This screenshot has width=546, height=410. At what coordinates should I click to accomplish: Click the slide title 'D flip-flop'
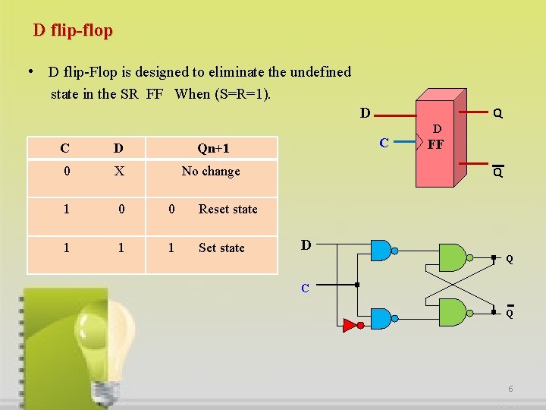[x=73, y=31]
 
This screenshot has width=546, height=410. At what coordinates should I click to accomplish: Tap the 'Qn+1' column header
[x=213, y=149]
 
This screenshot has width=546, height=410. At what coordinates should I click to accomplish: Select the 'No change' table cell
[x=211, y=172]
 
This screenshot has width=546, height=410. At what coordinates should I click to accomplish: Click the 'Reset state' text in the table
[x=228, y=210]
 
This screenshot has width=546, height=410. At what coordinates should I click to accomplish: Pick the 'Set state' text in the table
[x=221, y=248]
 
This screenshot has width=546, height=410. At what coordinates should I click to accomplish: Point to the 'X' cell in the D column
[x=119, y=172]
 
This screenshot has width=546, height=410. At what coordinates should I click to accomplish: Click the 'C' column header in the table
[x=66, y=149]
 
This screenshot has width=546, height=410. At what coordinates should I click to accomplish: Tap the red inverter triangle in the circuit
[x=350, y=326]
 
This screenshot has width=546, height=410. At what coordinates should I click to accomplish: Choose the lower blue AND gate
[x=380, y=320]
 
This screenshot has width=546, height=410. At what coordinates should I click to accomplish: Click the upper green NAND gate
[x=453, y=258]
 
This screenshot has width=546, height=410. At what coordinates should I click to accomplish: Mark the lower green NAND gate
[x=453, y=311]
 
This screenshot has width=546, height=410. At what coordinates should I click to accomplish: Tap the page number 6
[x=511, y=389]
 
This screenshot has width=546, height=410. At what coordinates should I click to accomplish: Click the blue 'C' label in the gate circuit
[x=305, y=289]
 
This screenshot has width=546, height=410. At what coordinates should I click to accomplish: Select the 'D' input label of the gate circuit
[x=306, y=245]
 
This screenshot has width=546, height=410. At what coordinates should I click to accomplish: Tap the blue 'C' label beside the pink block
[x=384, y=142]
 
